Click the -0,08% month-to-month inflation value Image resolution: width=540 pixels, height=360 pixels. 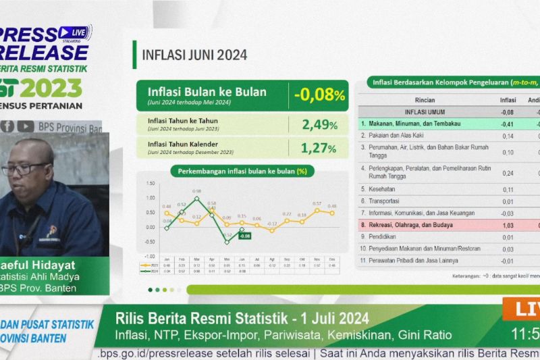(319, 95)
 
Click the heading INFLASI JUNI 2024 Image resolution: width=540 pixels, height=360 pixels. (194, 55)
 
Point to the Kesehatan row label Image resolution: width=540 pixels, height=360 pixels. (377, 189)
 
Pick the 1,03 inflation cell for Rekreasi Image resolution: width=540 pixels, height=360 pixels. (508, 225)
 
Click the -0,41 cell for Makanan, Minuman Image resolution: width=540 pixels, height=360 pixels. (508, 124)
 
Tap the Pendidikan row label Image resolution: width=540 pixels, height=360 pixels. (379, 237)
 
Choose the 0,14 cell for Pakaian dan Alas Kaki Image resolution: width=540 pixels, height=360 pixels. (508, 136)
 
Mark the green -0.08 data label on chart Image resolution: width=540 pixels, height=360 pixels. (244, 236)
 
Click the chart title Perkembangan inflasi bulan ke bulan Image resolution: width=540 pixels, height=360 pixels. (242, 172)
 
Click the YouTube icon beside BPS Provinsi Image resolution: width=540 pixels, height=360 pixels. (26, 126)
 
